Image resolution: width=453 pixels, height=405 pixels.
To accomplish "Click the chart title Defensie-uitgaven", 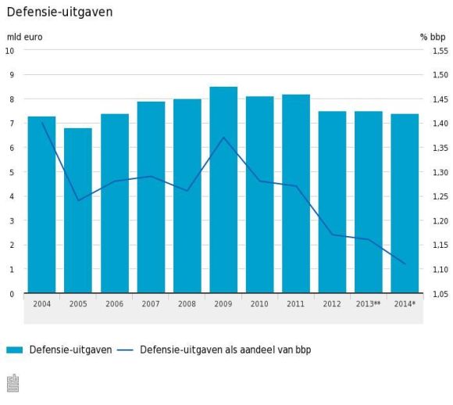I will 59,13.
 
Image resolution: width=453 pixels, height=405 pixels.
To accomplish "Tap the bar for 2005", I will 78,210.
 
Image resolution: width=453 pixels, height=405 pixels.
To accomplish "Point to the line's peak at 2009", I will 223,138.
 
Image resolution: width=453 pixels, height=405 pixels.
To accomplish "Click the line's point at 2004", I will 42,123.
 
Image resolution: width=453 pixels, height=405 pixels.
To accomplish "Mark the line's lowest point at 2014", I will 405,263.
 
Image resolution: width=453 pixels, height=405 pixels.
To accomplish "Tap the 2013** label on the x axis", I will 368,303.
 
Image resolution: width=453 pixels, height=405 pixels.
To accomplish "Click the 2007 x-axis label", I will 151,303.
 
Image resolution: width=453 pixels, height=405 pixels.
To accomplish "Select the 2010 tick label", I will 259,303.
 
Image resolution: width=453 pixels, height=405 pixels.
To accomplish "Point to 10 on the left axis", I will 10,51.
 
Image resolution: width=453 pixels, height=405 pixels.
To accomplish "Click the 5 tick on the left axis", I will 10,172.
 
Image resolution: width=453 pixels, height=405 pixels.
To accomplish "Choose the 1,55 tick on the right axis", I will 439,51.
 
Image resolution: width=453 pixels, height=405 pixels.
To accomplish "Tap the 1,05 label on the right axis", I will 439,294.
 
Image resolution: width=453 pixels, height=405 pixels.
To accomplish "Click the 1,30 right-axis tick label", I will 439,172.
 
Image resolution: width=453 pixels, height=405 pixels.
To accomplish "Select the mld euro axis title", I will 24,37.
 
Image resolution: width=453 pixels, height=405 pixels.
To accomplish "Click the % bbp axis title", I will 432,37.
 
